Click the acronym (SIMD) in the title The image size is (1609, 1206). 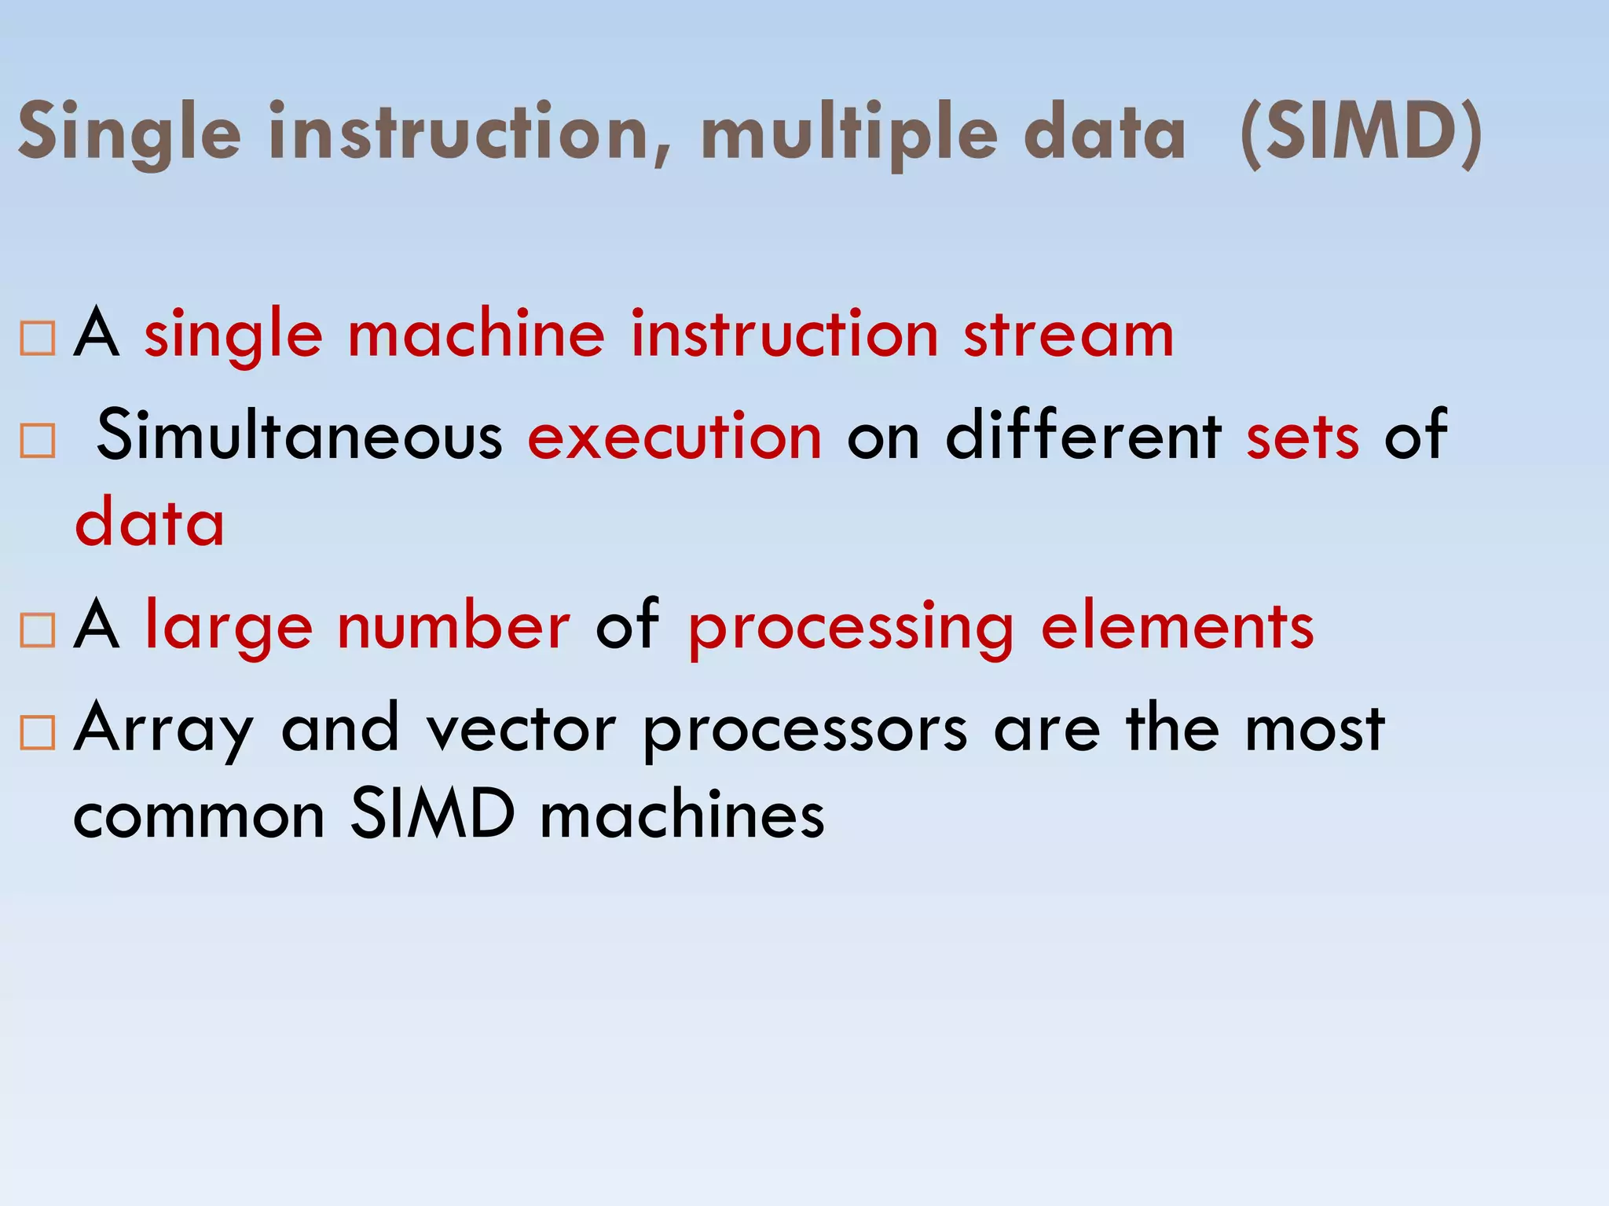click(x=1362, y=134)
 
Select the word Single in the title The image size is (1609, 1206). click(x=130, y=134)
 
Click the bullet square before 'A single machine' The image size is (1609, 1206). click(x=38, y=339)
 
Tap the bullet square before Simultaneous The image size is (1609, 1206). click(x=38, y=441)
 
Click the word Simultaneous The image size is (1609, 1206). click(x=299, y=436)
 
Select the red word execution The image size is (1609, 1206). click(x=675, y=436)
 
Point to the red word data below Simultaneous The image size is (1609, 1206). click(x=149, y=522)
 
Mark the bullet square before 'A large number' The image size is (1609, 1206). click(x=38, y=630)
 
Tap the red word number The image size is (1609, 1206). click(x=453, y=626)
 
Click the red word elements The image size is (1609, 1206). click(x=1177, y=626)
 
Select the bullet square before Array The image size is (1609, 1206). click(x=38, y=732)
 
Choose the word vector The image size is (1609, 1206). click(x=521, y=730)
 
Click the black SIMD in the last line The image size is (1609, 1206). click(x=432, y=815)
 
